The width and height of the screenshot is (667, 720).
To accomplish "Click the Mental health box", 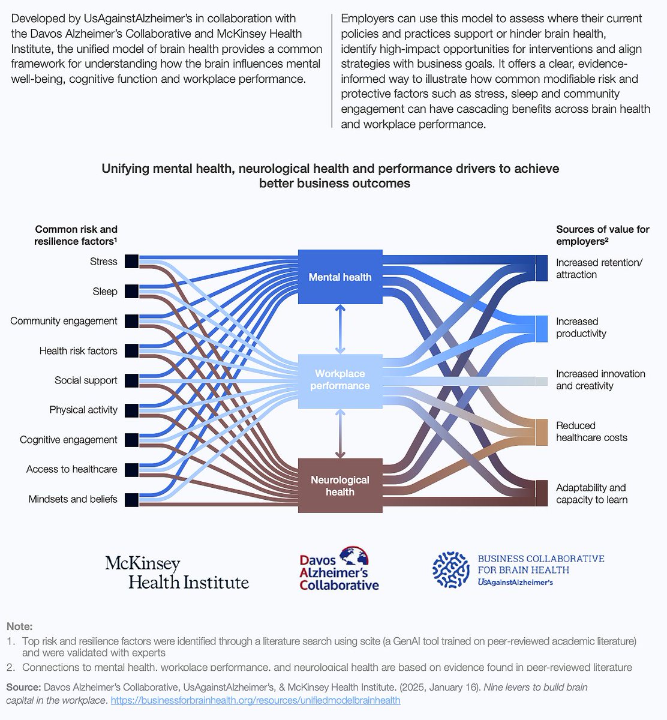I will coord(340,277).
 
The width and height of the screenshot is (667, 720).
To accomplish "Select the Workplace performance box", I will coord(340,380).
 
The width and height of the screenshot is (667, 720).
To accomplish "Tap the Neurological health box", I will coord(340,485).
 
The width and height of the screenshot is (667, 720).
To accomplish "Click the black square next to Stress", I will coord(131,261).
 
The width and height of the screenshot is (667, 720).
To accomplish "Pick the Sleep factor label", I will coord(105,292).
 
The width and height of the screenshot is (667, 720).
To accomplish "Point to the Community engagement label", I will coord(64,321).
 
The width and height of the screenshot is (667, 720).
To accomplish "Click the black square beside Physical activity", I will coord(131,410).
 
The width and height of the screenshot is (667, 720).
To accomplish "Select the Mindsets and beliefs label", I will coord(73,499).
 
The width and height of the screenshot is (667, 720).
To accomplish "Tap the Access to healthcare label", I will coord(71,469).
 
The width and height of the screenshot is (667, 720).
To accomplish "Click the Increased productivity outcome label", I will coord(581,328).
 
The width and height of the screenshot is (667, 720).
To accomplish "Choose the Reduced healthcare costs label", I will coord(591,431).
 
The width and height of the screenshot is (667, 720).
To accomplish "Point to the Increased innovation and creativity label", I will coord(600,380).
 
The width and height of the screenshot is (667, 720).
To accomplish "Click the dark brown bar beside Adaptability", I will coord(542,493).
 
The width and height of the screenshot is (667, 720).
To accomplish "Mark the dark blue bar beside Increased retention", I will coord(542,268).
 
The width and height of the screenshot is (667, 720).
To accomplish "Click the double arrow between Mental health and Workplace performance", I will coord(340,329).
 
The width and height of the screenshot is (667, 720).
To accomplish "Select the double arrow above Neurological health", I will coord(340,433).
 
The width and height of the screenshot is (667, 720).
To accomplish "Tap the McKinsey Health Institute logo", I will coord(177,572).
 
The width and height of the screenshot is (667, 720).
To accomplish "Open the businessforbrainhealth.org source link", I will coord(256,700).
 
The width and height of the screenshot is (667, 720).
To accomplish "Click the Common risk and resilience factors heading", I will coord(76,235).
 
